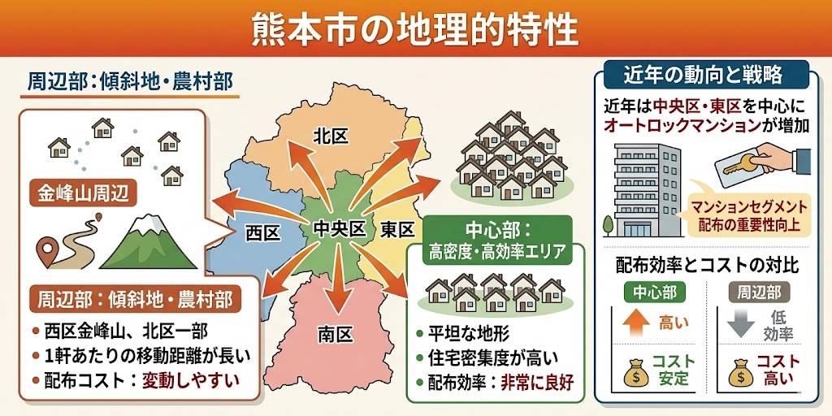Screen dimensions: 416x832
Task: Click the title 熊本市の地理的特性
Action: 415,30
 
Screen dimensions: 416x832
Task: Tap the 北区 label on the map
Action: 331,136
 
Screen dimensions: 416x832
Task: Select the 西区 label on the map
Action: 262,233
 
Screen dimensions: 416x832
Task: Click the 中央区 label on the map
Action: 339,230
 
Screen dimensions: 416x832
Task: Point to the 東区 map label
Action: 397,230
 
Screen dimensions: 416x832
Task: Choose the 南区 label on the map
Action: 334,333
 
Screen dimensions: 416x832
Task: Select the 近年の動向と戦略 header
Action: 703,75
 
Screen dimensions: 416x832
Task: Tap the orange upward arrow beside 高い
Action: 636,323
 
